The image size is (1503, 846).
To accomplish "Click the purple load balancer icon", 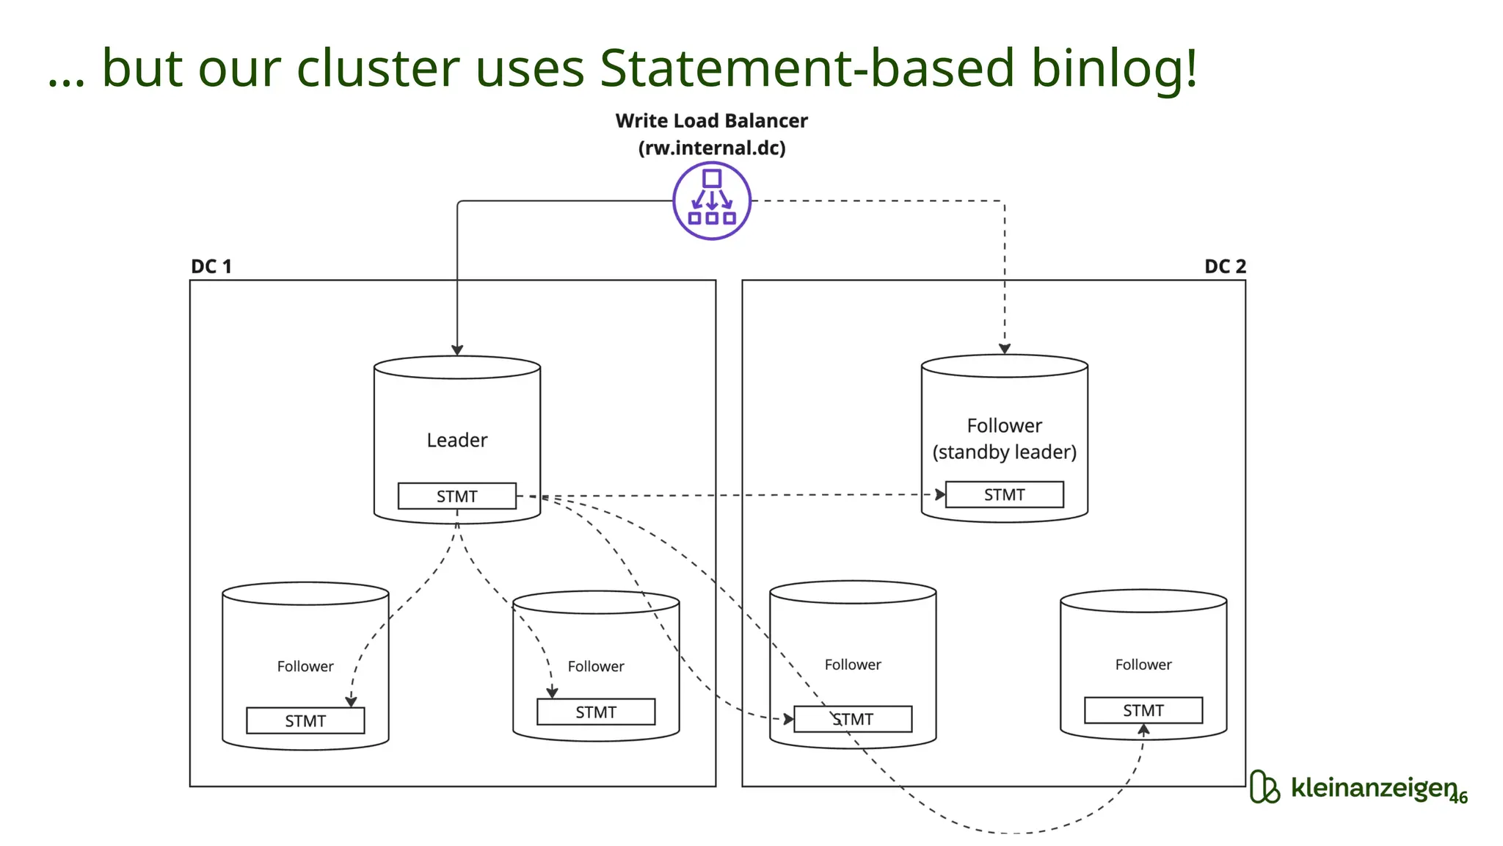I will pyautogui.click(x=711, y=200).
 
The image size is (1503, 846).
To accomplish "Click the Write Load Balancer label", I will pyautogui.click(x=711, y=120).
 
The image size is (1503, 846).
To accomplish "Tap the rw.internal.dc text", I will pyautogui.click(x=711, y=148).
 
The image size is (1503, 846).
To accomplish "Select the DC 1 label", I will pyautogui.click(x=211, y=266).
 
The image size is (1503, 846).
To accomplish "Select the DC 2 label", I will pyautogui.click(x=1225, y=266).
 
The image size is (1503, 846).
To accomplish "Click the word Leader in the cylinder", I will pyautogui.click(x=456, y=440).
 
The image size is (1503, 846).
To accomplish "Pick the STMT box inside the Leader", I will pyautogui.click(x=456, y=496).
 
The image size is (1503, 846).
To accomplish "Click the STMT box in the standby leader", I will pyautogui.click(x=1004, y=494).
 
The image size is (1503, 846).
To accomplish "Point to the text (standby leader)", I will pyautogui.click(x=1004, y=452).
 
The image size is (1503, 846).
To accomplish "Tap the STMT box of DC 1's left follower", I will pyautogui.click(x=305, y=720).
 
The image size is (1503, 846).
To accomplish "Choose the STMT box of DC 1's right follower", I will pyautogui.click(x=595, y=712).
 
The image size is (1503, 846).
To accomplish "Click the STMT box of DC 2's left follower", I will pyautogui.click(x=853, y=719).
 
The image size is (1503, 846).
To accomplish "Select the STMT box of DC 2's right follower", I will pyautogui.click(x=1143, y=710).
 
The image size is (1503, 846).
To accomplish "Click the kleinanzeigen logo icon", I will pyautogui.click(x=1264, y=787).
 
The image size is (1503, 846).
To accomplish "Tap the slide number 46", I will pyautogui.click(x=1458, y=798).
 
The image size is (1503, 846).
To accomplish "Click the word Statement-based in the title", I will pyautogui.click(x=807, y=68).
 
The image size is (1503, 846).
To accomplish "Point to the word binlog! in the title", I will pyautogui.click(x=1114, y=68).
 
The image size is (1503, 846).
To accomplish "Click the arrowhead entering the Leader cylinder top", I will pyautogui.click(x=457, y=350).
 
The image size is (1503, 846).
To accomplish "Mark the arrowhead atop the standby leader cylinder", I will pyautogui.click(x=1005, y=349).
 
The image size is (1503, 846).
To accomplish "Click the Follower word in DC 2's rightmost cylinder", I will pyautogui.click(x=1143, y=665).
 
